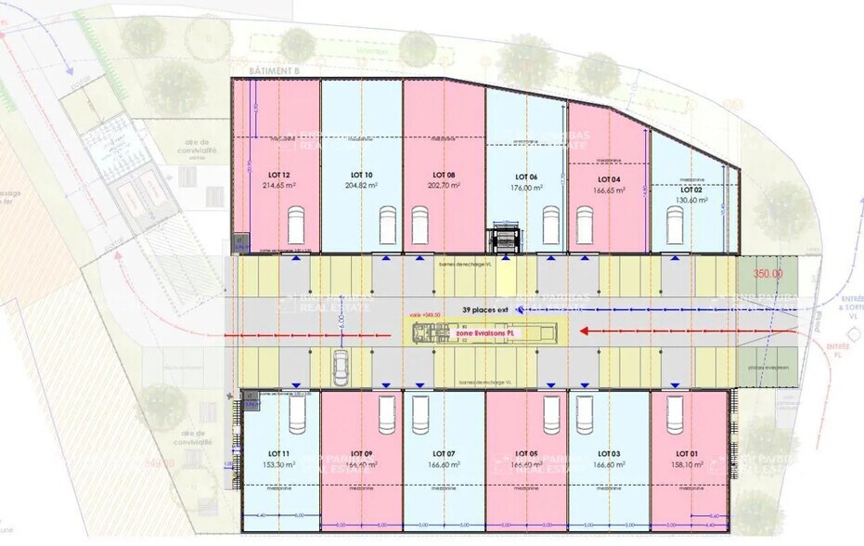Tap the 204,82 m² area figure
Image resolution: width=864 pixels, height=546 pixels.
(x=362, y=185)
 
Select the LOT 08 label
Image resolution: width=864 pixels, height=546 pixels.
(x=444, y=175)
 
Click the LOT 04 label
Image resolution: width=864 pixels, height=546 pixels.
(x=609, y=178)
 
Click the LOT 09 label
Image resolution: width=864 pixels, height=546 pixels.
(x=362, y=453)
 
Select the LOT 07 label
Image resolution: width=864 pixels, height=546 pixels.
(x=444, y=453)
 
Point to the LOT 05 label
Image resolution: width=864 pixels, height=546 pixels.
(x=526, y=453)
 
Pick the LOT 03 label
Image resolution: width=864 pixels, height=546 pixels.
(x=609, y=453)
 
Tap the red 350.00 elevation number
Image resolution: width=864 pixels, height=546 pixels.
(x=767, y=274)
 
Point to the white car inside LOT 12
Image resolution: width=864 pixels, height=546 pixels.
(x=296, y=226)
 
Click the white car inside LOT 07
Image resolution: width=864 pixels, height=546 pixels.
(x=419, y=414)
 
